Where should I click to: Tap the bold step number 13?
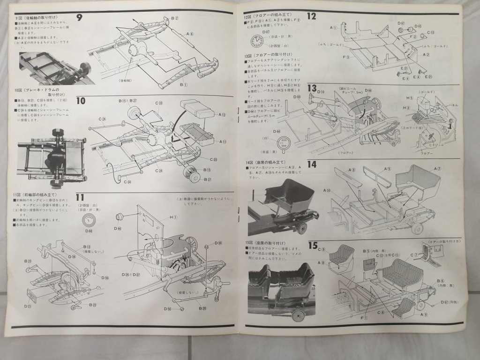[x=313, y=88]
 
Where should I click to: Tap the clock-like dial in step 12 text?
[x=258, y=41]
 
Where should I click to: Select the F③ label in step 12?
[x=346, y=57]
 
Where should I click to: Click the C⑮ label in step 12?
[x=430, y=32]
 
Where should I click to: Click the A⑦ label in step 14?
[x=437, y=168]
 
